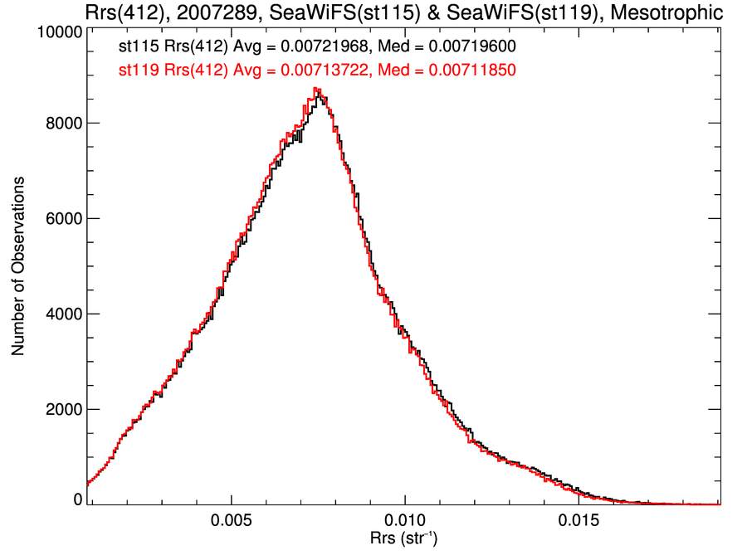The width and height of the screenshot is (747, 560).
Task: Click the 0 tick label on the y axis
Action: click(77, 499)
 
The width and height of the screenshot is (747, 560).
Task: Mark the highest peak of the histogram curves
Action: click(315, 89)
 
